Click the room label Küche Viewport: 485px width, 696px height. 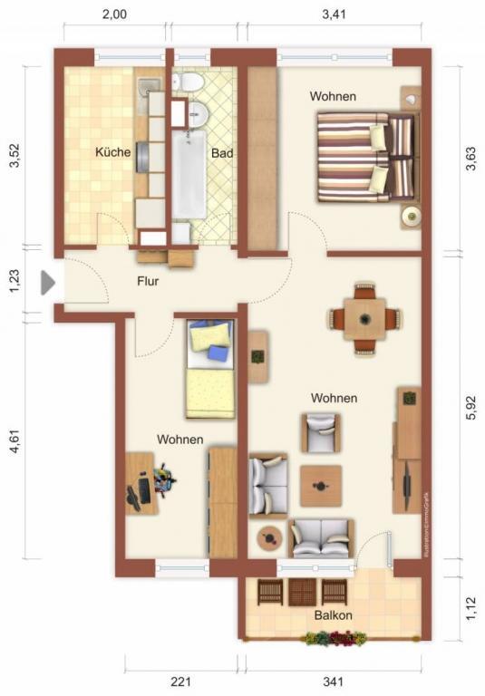point(112,152)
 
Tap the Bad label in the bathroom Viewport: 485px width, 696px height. point(222,153)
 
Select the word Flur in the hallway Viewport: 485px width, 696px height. point(149,281)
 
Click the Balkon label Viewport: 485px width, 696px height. point(334,615)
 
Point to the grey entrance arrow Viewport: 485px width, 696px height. point(48,283)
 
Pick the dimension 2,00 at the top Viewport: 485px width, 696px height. point(114,14)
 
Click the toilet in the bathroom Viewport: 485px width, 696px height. point(190,84)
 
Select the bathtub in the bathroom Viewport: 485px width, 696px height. point(189,172)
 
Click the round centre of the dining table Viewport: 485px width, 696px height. point(364,319)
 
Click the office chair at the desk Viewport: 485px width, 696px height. point(162,478)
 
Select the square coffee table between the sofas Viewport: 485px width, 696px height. point(321,486)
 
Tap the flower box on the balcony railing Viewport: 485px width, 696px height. point(335,639)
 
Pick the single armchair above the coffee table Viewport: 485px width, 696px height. point(321,432)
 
